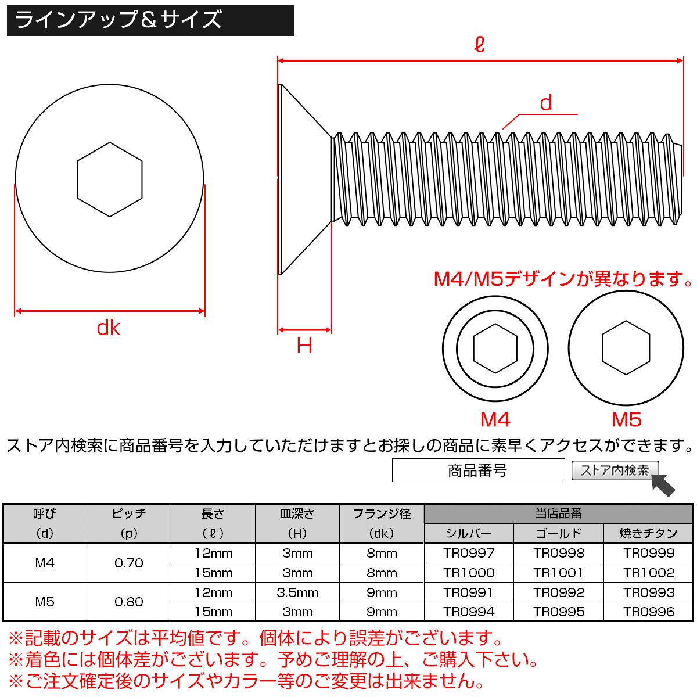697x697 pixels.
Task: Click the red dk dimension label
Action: click(x=109, y=328)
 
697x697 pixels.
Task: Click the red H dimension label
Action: click(x=304, y=346)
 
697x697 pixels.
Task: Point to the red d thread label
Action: click(x=545, y=103)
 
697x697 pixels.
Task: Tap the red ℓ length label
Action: click(x=479, y=44)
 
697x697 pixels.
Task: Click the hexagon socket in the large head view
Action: click(x=110, y=179)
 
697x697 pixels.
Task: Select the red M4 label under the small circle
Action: click(x=495, y=419)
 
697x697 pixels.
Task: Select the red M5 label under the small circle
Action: click(x=626, y=419)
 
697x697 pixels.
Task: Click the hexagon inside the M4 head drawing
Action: click(x=495, y=348)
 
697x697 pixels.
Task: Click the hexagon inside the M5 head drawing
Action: click(x=626, y=348)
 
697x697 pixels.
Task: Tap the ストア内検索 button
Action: click(x=615, y=470)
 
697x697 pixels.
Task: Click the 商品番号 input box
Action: click(x=478, y=470)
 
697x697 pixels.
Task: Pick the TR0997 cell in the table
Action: click(x=469, y=554)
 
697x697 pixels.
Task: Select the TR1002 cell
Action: click(x=649, y=573)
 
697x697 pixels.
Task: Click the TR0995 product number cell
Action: click(x=559, y=612)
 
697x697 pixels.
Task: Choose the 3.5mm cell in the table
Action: click(x=297, y=593)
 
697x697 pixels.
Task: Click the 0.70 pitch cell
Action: click(x=129, y=563)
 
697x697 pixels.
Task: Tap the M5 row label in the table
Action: click(x=45, y=602)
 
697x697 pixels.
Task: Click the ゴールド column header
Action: click(x=559, y=533)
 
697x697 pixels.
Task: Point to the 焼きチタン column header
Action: click(x=649, y=533)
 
